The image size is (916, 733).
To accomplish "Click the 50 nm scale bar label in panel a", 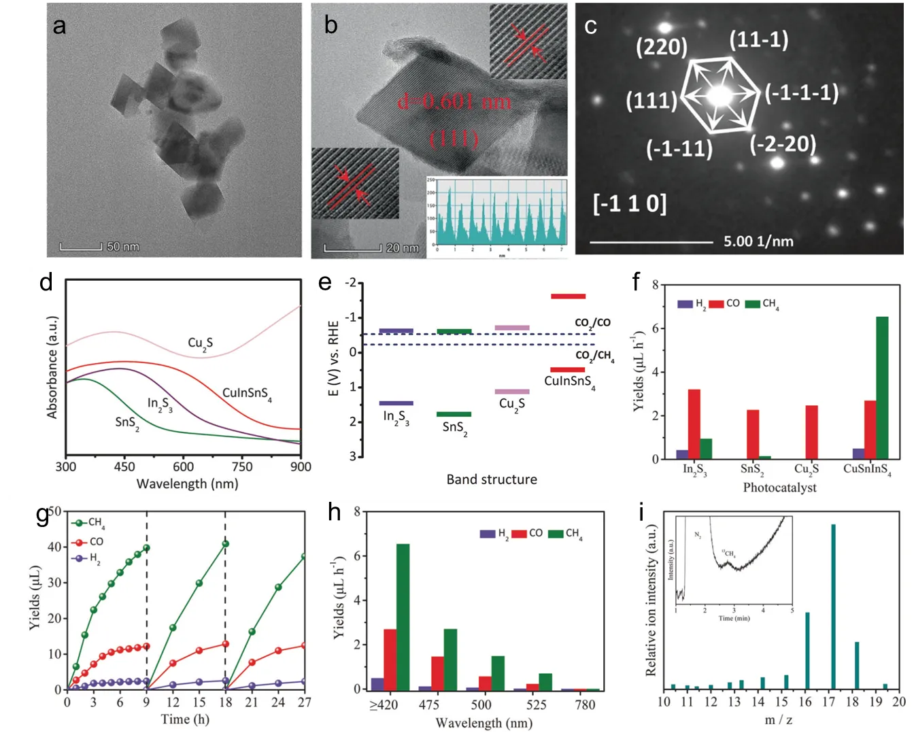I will point(122,246).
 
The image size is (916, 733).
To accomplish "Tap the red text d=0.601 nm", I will point(454,102).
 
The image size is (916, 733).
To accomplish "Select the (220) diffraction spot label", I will point(661,47).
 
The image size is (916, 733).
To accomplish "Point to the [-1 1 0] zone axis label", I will point(630,203).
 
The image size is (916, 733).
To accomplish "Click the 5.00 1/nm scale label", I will point(758,241).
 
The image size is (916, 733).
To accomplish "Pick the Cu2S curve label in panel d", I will point(200,343).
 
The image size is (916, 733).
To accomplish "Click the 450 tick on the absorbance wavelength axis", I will point(124,466).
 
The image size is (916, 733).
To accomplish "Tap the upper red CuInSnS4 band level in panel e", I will point(568,296).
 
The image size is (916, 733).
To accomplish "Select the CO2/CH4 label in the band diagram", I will point(594,356).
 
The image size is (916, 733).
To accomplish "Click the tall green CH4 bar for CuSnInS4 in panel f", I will point(882,388).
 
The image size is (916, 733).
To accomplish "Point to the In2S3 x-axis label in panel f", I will point(695,470).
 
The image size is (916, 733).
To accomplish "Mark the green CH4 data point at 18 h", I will point(225,544).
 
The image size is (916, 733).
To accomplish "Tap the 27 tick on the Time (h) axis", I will point(303,702).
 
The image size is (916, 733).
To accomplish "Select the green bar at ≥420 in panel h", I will point(403,616).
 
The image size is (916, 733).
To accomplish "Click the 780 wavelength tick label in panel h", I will point(584,705).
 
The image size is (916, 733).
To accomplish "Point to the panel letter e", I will point(325,282).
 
